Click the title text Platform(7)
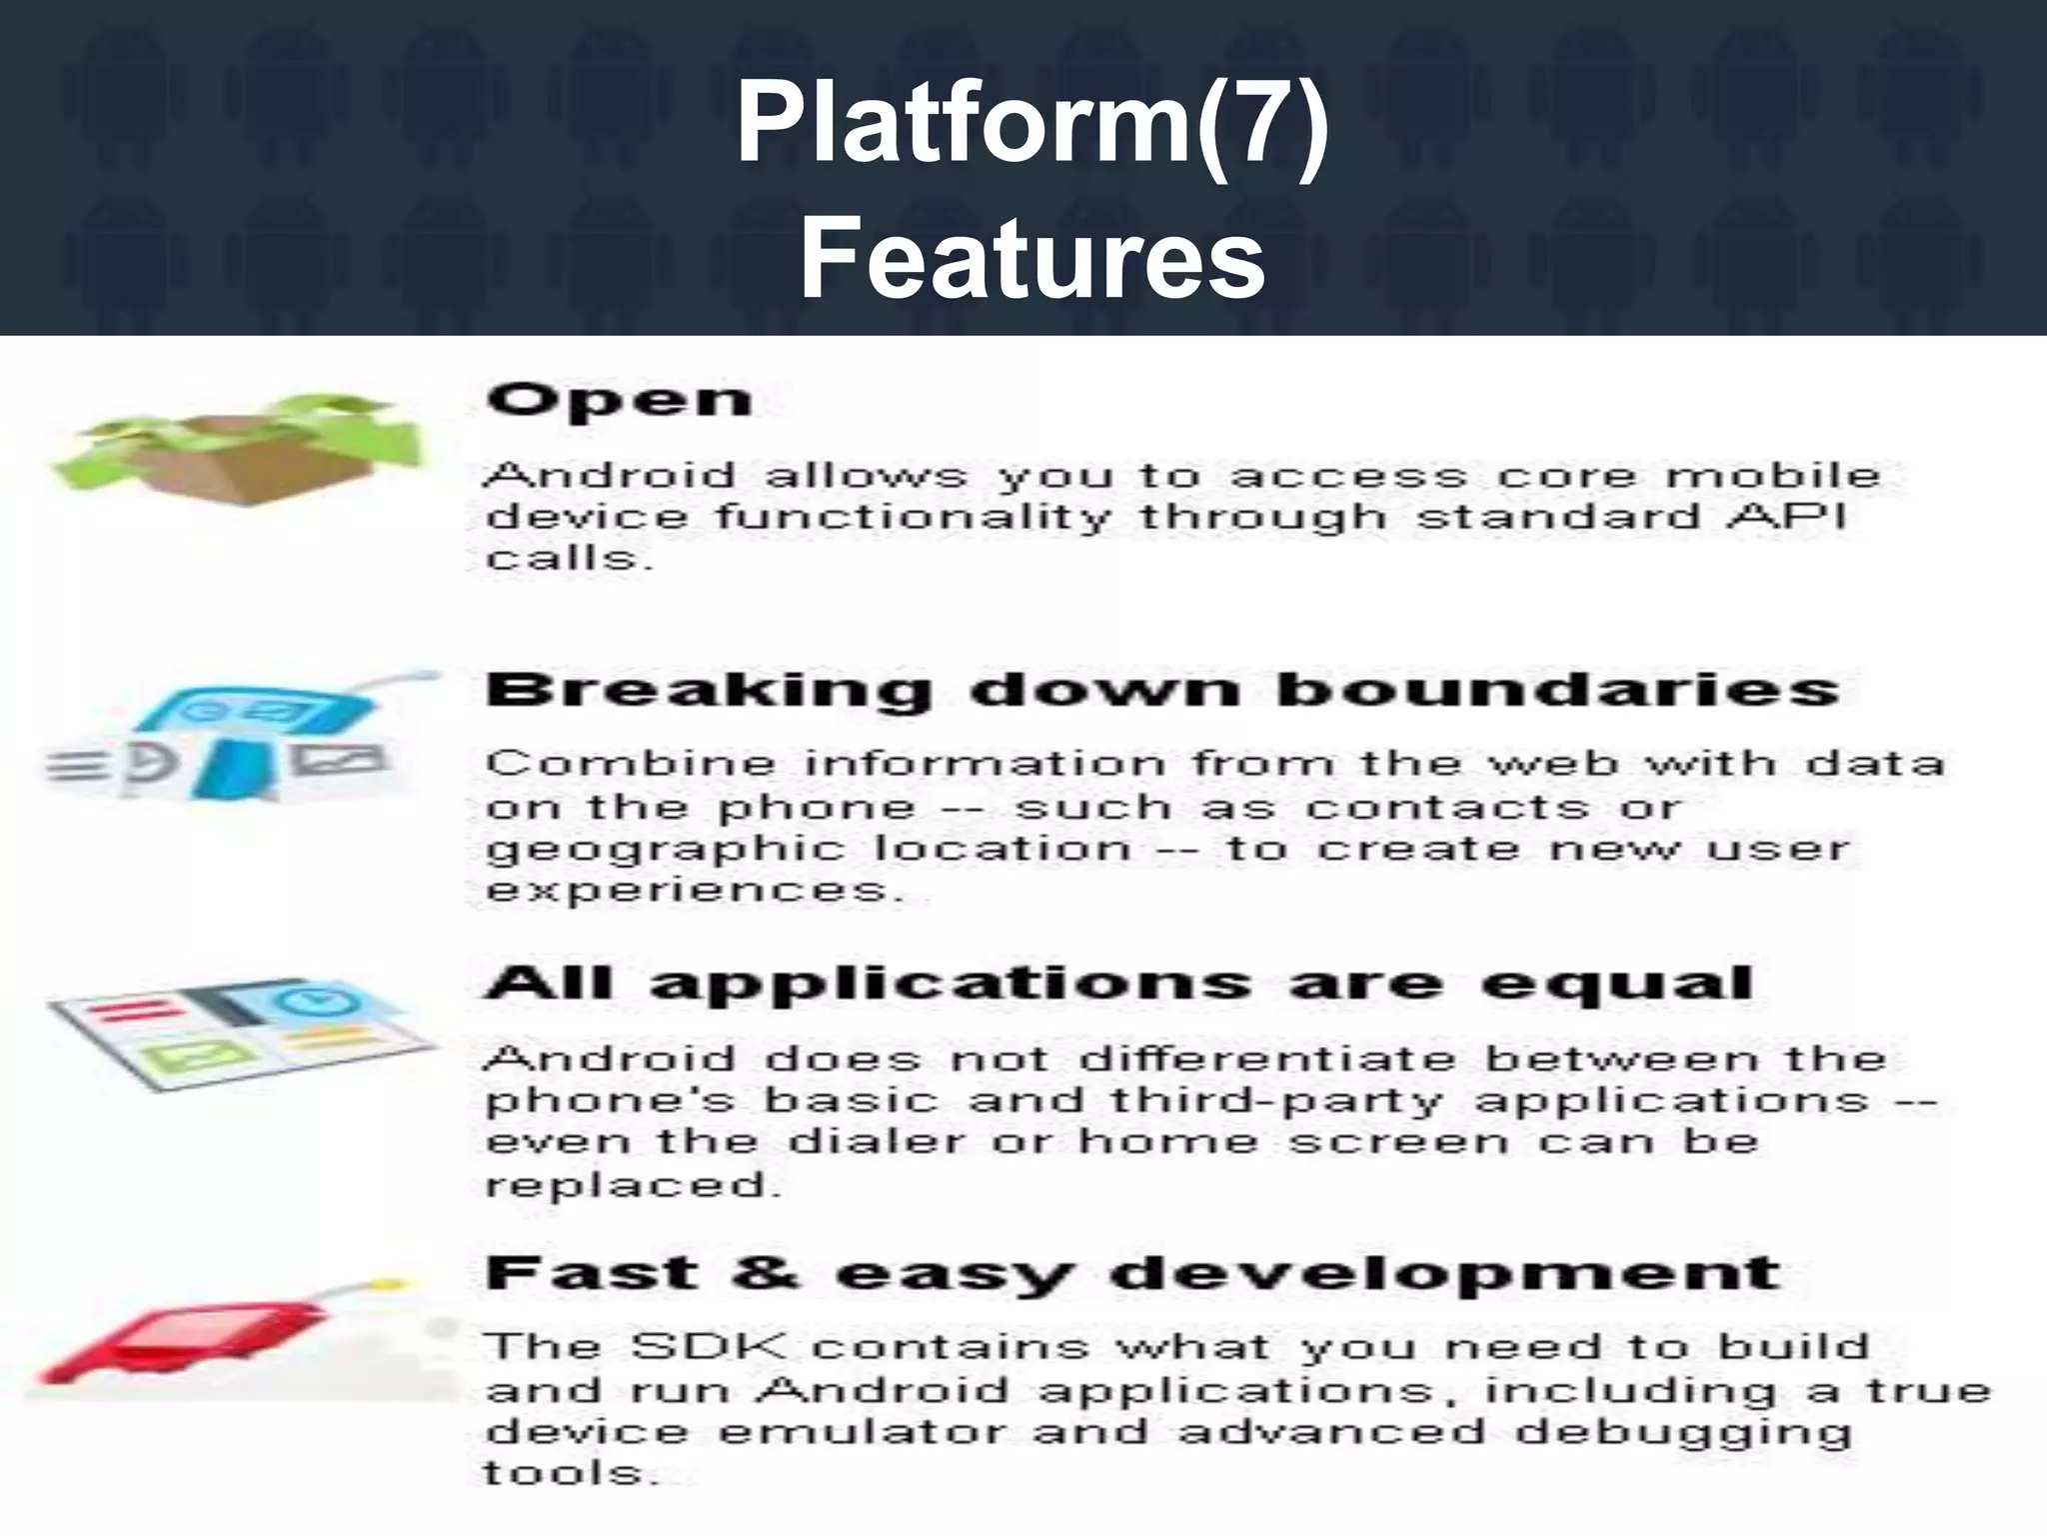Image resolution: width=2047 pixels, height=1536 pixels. pos(1032,126)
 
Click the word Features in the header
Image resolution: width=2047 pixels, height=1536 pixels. pos(1032,258)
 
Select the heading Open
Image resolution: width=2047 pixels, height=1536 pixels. pos(619,401)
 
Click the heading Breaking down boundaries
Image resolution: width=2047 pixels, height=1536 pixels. pos(1162,690)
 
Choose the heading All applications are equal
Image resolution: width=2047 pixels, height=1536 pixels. pos(1118,983)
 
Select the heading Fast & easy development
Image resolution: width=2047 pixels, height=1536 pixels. pos(1132,1274)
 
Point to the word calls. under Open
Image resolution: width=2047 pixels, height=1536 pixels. pos(569,559)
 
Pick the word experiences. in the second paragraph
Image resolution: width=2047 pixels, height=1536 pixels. pos(695,890)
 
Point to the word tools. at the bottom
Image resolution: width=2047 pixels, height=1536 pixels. pos(571,1473)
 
